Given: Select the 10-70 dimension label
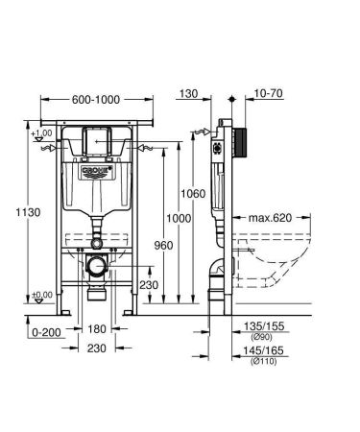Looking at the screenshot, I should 268,94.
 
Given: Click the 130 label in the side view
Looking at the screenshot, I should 187,94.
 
